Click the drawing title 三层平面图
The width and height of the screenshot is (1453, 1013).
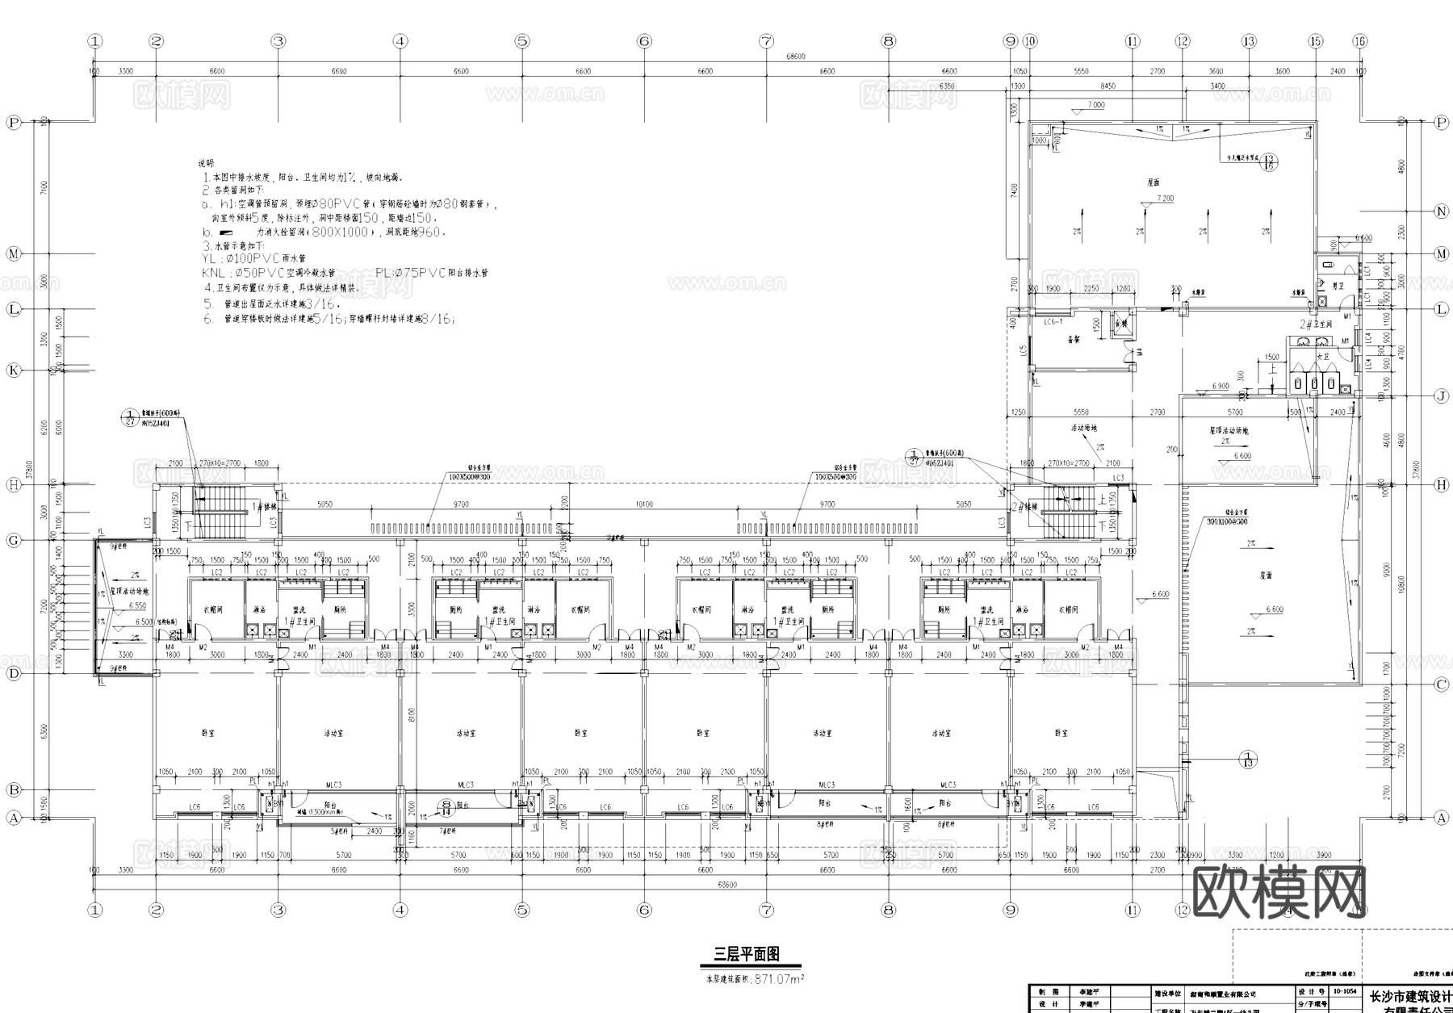pyautogui.click(x=746, y=954)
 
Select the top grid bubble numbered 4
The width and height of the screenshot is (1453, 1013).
pyautogui.click(x=400, y=41)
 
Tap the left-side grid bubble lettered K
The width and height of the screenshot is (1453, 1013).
pyautogui.click(x=14, y=370)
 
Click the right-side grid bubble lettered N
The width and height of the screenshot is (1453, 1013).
pyautogui.click(x=1442, y=211)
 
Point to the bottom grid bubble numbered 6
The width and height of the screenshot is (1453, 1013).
pyautogui.click(x=644, y=910)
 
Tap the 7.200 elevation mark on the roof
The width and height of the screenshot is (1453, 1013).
pyautogui.click(x=1165, y=198)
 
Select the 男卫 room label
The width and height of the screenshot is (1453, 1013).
pyautogui.click(x=1338, y=286)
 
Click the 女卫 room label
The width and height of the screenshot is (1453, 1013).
pyautogui.click(x=1322, y=355)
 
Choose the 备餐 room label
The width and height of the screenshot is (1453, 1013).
pyautogui.click(x=1073, y=340)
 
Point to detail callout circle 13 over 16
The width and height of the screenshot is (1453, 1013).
pyautogui.click(x=1269, y=162)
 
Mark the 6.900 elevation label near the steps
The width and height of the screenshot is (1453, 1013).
pyautogui.click(x=1220, y=387)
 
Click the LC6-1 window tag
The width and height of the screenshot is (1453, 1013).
pyautogui.click(x=1053, y=321)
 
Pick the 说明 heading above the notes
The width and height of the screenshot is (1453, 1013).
pyautogui.click(x=207, y=163)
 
